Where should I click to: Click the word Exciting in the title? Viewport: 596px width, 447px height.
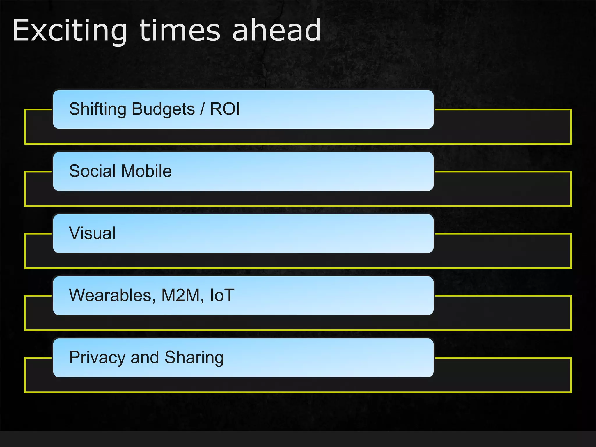70,31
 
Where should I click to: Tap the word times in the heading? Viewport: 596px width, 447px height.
180,31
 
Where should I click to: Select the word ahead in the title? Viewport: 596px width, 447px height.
276,31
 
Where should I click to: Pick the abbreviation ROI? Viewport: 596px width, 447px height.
225,109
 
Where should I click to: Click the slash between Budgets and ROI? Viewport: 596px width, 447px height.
202,109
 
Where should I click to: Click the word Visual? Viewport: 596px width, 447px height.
92,233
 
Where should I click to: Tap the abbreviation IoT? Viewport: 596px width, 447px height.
222,295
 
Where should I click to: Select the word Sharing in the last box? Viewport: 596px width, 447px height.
194,357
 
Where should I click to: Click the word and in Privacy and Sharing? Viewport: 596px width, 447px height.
145,357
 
